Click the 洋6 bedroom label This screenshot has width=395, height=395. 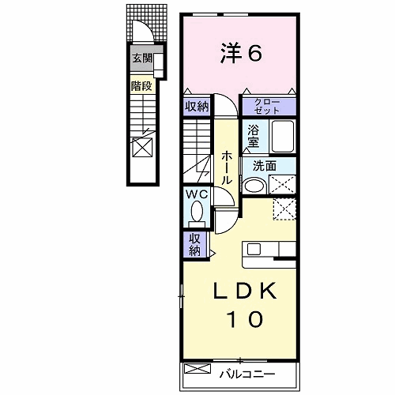click(x=241, y=54)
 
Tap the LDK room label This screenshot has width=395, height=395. click(x=245, y=291)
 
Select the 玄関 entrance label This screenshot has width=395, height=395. click(x=142, y=58)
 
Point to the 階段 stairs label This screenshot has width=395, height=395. click(x=141, y=86)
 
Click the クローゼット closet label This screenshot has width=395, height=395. click(x=267, y=107)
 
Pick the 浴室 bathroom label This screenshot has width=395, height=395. click(x=253, y=136)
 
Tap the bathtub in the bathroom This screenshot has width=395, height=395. click(x=283, y=136)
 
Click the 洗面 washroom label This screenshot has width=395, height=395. click(x=265, y=167)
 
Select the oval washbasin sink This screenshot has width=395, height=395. click(x=254, y=186)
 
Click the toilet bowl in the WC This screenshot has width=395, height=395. click(x=197, y=211)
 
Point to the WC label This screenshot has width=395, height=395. click(x=197, y=194)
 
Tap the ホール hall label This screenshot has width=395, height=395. click(x=226, y=168)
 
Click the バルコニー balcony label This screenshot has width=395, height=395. click(x=247, y=374)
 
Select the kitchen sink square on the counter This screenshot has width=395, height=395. click(x=254, y=249)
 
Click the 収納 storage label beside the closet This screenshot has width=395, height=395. click(x=197, y=107)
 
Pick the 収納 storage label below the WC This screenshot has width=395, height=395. click(x=195, y=245)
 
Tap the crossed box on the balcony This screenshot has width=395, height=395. click(x=197, y=368)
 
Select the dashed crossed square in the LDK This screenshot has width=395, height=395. click(x=284, y=209)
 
